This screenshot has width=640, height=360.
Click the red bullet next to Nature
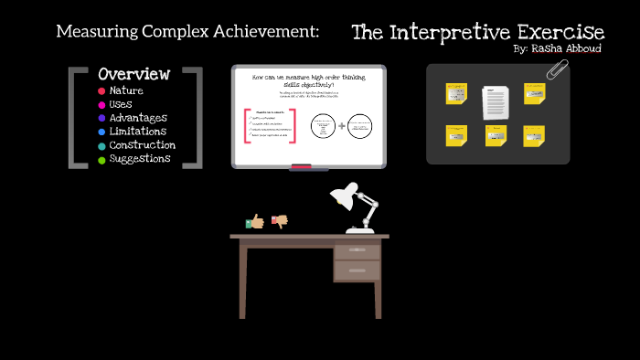click(x=101, y=91)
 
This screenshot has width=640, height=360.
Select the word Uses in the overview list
click(x=121, y=104)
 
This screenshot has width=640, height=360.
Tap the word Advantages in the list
click(x=137, y=118)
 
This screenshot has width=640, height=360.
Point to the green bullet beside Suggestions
click(x=101, y=160)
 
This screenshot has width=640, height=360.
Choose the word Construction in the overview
click(x=142, y=145)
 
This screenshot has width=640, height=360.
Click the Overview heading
click(x=133, y=73)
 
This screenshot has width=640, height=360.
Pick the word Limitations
click(x=137, y=132)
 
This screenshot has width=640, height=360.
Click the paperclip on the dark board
click(x=557, y=70)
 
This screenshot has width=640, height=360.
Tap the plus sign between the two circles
click(x=342, y=125)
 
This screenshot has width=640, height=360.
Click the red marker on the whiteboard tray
click(x=302, y=166)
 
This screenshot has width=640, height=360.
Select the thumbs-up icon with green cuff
click(x=256, y=221)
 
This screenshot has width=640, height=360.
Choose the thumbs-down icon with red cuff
click(x=280, y=221)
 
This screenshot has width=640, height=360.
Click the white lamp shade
click(x=344, y=195)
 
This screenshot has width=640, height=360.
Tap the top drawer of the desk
click(x=357, y=250)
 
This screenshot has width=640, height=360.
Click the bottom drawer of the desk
click(x=357, y=270)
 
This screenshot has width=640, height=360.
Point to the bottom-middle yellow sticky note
click(x=496, y=136)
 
